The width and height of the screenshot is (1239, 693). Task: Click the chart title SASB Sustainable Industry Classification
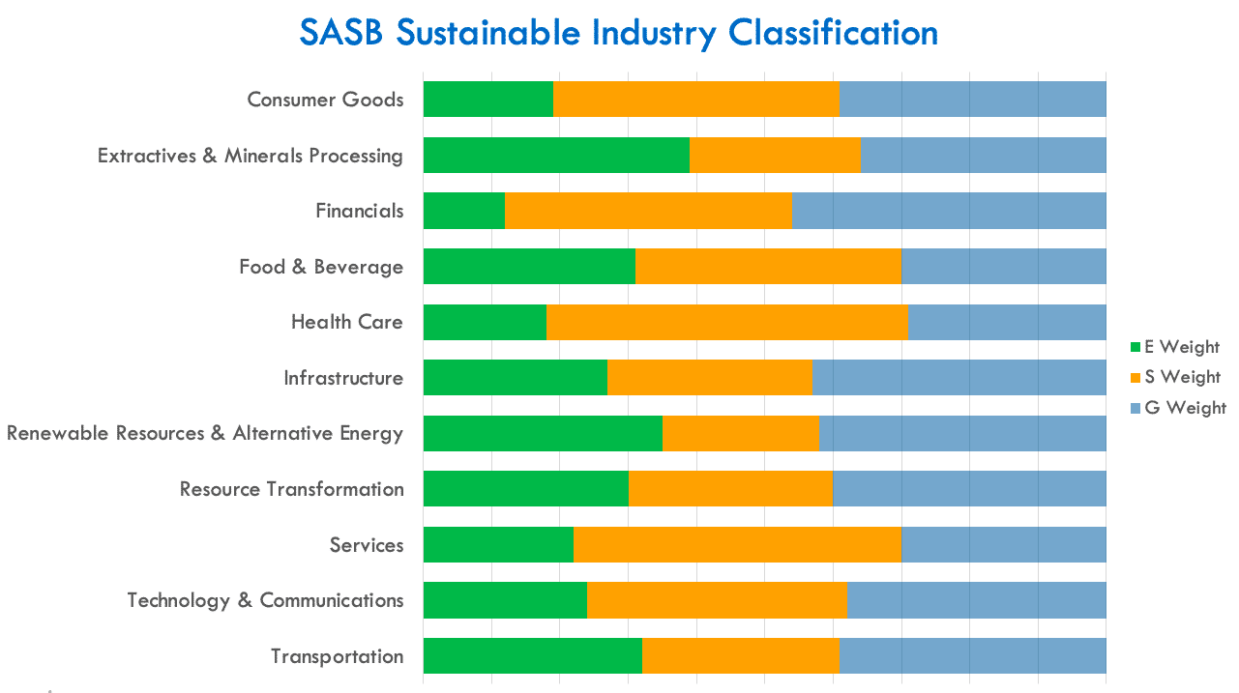[619, 33]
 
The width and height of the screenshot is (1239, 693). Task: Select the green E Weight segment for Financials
[464, 211]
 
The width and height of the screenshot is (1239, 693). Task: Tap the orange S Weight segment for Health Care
[727, 322]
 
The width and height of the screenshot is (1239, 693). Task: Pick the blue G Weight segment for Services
[1003, 544]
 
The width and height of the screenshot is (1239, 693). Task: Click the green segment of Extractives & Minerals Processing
[556, 156]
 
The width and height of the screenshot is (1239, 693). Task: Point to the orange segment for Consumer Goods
[695, 100]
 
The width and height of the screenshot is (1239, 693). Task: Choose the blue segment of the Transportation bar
[972, 656]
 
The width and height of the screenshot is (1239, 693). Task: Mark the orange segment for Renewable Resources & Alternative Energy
[741, 433]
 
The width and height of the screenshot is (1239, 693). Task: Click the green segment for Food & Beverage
[529, 267]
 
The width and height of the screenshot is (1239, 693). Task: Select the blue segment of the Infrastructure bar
[959, 378]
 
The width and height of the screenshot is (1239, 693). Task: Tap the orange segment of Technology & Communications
[717, 600]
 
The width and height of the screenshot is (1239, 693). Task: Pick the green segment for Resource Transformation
[526, 489]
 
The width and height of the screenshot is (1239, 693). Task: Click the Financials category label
[359, 211]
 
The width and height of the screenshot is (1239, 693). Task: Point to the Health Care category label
[346, 322]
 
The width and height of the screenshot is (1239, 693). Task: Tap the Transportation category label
[337, 656]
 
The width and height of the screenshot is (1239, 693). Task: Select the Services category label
[366, 545]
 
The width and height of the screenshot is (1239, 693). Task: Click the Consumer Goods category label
[325, 100]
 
